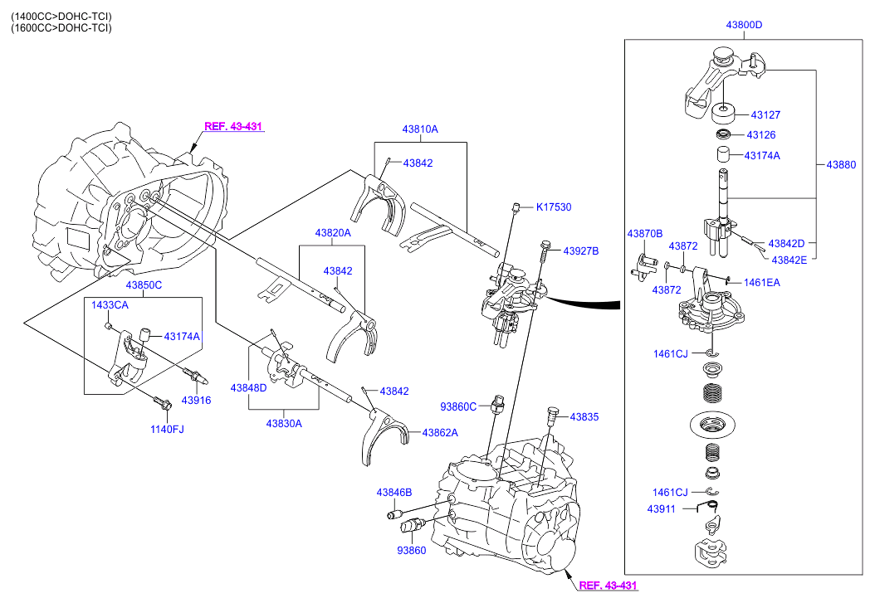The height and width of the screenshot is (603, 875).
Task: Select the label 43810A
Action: (x=420, y=129)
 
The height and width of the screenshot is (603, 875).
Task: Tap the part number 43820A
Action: (x=332, y=234)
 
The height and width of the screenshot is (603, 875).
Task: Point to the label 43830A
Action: (x=284, y=423)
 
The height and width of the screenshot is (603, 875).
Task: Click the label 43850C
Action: (x=144, y=285)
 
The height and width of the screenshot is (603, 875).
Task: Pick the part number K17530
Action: (x=553, y=207)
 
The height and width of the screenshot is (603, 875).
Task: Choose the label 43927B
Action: (x=581, y=250)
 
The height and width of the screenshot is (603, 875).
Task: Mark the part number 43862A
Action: (x=440, y=432)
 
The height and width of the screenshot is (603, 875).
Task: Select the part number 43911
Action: (x=662, y=508)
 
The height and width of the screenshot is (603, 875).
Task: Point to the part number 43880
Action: (x=840, y=165)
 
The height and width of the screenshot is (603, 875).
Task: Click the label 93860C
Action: (x=458, y=406)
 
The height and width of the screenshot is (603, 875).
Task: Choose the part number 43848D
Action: (x=248, y=388)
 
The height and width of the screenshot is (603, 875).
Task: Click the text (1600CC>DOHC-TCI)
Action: (x=61, y=28)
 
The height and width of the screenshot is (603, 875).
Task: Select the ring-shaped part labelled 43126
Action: (x=724, y=134)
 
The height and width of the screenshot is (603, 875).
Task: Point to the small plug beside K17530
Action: (x=516, y=207)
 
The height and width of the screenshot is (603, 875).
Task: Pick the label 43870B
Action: (x=644, y=234)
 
